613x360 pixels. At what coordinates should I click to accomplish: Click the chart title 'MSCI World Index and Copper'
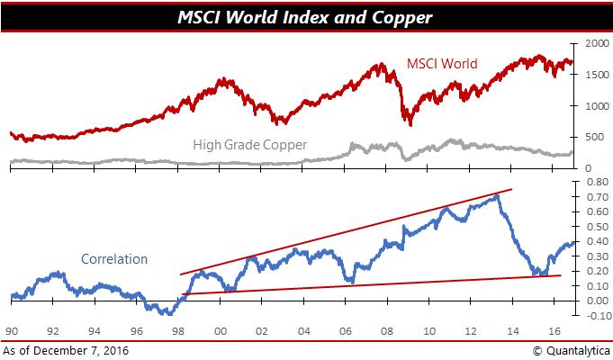[306, 15]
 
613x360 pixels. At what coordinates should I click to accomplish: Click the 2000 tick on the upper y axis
[595, 43]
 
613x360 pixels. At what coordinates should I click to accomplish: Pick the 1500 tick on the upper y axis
[595, 75]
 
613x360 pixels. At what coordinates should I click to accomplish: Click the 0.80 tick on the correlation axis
[595, 182]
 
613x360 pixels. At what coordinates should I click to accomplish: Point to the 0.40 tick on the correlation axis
[595, 241]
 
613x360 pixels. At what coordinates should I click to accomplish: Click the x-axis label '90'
[13, 330]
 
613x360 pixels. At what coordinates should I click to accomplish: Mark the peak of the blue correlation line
[497, 194]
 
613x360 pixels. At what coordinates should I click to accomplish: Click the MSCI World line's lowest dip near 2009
[410, 124]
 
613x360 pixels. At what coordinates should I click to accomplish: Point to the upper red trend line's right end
[512, 189]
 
